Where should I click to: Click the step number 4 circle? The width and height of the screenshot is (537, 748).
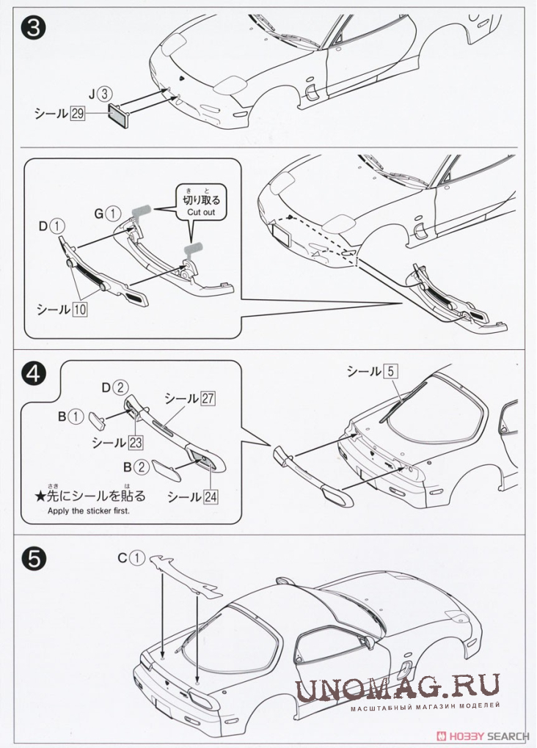click(34, 375)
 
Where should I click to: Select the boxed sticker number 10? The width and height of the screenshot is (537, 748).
click(79, 309)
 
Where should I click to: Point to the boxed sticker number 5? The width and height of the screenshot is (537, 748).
click(390, 372)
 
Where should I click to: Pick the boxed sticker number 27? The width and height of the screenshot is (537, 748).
click(208, 398)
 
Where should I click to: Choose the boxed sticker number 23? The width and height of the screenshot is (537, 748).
click(135, 442)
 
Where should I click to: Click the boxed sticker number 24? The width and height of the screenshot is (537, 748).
click(211, 496)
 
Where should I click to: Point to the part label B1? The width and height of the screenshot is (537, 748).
click(71, 417)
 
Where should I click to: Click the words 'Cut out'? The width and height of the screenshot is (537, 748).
click(201, 212)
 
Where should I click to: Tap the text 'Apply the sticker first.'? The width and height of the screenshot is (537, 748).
click(87, 511)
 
